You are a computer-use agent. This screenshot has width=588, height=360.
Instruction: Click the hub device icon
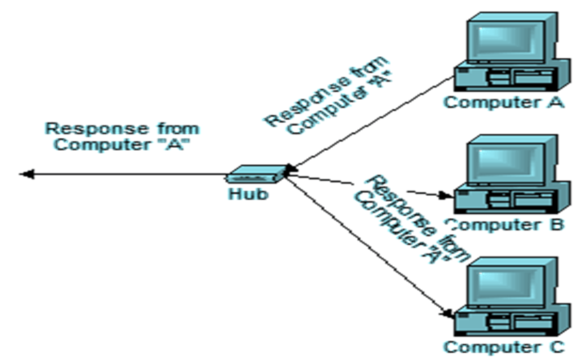[x=255, y=175]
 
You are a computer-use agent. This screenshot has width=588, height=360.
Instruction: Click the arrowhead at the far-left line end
[x=26, y=175]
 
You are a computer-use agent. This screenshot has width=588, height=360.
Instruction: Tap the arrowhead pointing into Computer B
[x=448, y=196]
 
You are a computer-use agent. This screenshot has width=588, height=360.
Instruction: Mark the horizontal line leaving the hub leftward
[x=127, y=175]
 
